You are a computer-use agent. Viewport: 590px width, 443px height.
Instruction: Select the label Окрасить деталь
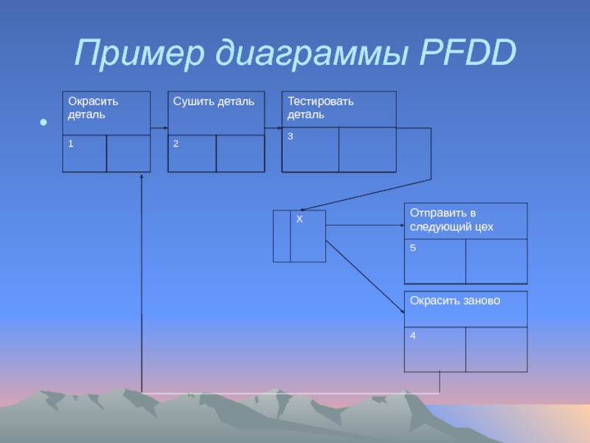(93, 108)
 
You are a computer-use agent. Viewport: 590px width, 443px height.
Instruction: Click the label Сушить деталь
(214, 101)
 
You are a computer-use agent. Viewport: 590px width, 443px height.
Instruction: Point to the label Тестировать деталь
(321, 108)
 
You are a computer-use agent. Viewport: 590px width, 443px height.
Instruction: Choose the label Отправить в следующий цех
(451, 220)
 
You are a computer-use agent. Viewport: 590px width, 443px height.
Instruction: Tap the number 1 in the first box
(71, 144)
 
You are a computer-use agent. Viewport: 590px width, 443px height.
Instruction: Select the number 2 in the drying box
(176, 144)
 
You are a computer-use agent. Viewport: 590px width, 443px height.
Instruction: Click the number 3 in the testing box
(291, 137)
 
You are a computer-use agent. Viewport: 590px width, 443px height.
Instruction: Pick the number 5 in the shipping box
(413, 249)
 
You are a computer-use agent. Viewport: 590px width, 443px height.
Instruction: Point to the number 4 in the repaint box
(413, 336)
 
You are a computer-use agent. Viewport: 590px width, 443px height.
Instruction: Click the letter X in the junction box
(299, 220)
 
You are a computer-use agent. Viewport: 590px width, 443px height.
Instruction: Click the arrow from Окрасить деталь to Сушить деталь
(159, 128)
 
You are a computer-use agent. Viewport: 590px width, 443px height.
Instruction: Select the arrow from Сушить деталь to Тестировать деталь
(273, 128)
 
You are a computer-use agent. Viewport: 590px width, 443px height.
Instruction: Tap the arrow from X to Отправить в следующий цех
(365, 224)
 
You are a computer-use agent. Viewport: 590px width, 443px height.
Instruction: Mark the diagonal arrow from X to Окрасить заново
(365, 276)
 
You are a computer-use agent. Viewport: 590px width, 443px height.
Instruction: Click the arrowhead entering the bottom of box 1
(141, 177)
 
